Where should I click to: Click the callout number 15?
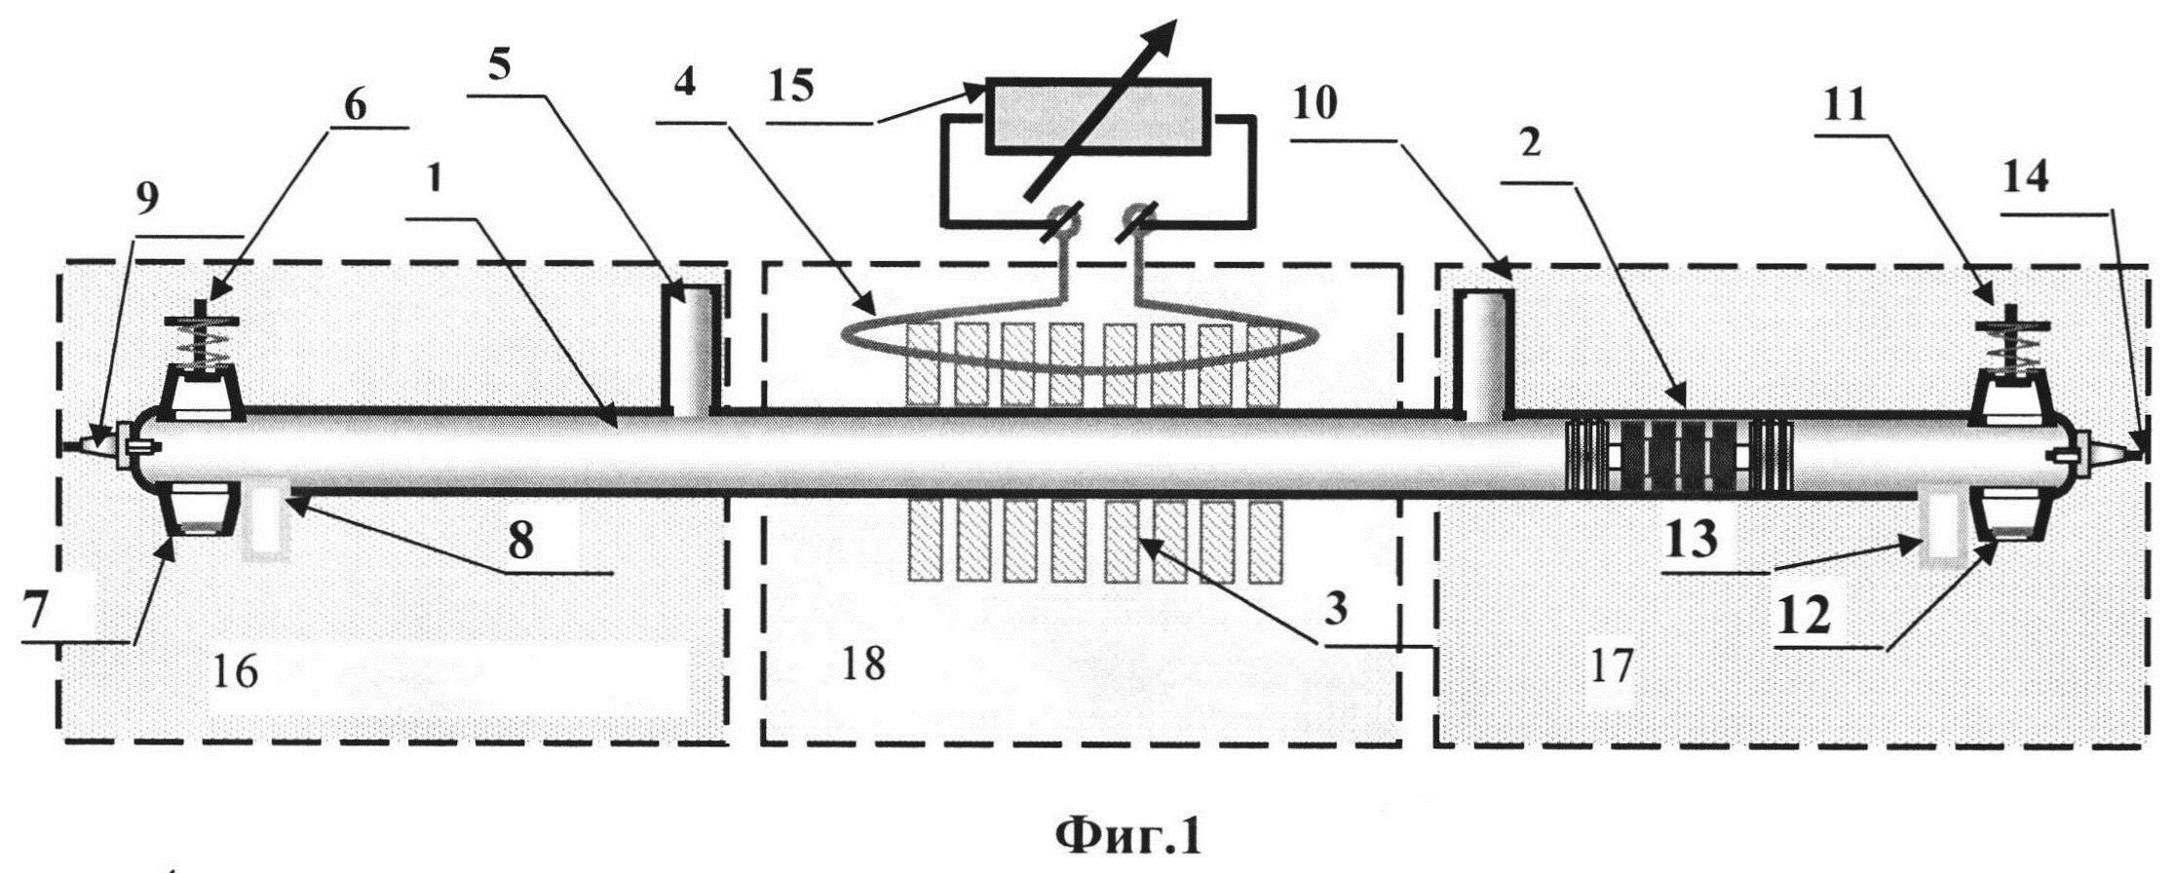click(788, 89)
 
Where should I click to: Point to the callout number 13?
click(1691, 539)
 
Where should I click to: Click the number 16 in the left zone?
click(235, 671)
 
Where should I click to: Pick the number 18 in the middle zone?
click(862, 664)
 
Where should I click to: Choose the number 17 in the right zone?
click(1610, 667)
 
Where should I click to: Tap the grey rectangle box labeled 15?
click(1097, 116)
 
